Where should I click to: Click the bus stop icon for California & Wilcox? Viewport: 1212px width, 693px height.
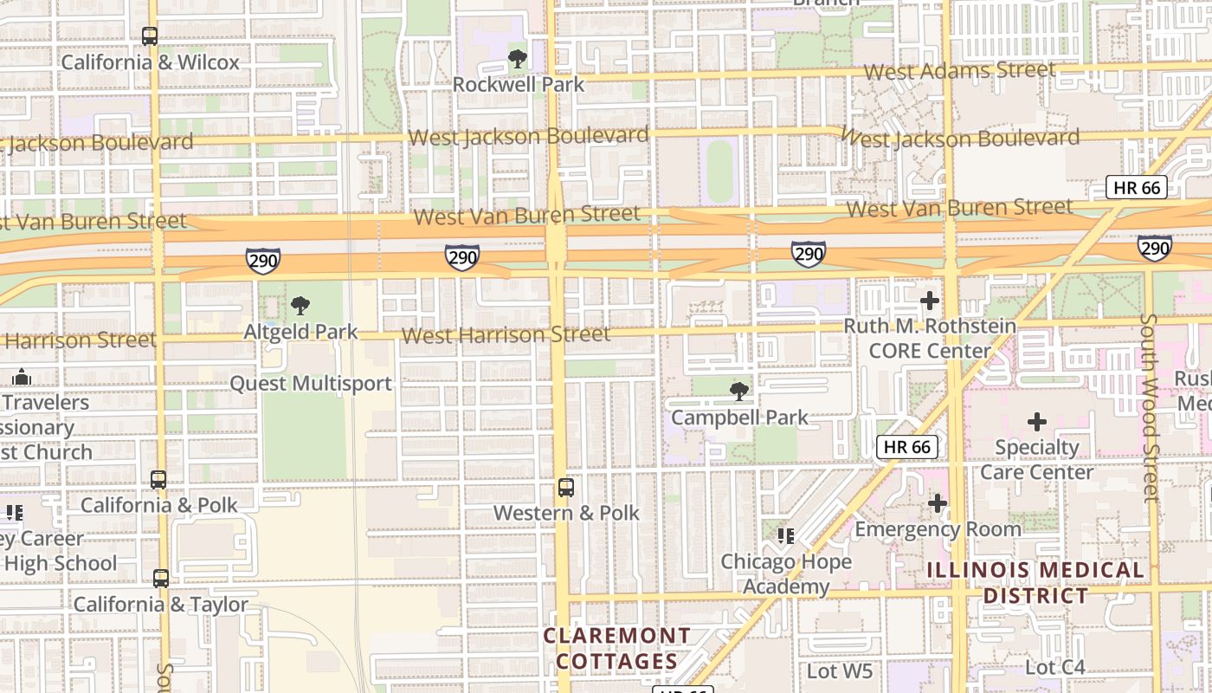click(x=150, y=36)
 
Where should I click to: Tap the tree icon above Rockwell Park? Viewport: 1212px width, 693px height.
click(x=518, y=59)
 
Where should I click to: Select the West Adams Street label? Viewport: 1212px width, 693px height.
click(x=959, y=70)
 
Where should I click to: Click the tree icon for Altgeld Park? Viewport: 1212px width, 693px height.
click(x=300, y=305)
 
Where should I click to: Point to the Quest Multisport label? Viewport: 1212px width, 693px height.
click(x=311, y=383)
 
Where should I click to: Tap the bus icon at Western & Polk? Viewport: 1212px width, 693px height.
click(x=566, y=488)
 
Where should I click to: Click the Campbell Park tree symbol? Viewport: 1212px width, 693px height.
click(x=739, y=392)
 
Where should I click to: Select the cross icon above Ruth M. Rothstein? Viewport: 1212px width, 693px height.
click(x=930, y=301)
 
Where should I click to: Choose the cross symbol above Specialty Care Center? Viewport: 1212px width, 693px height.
click(x=1036, y=422)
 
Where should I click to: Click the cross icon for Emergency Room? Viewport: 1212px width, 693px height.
click(x=938, y=503)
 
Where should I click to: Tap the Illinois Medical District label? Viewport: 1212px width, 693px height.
click(x=1035, y=583)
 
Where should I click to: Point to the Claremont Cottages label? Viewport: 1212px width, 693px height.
click(x=616, y=649)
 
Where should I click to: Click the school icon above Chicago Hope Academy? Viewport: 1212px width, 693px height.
click(x=785, y=536)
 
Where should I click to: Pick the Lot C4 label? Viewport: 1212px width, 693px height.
click(x=1054, y=668)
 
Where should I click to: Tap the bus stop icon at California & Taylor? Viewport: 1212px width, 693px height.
click(x=161, y=579)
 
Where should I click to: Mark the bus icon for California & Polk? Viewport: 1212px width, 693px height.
click(x=158, y=480)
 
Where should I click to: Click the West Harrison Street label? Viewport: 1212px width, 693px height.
click(x=506, y=334)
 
